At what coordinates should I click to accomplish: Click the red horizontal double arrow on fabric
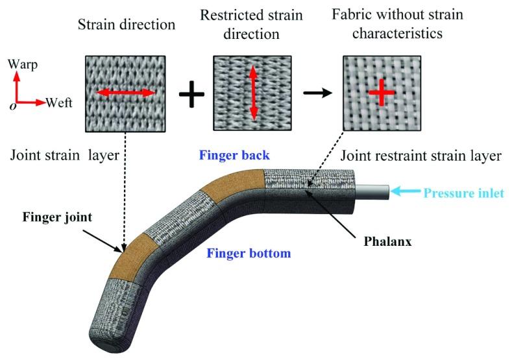(125, 94)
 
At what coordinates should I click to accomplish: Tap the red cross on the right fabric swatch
(382, 95)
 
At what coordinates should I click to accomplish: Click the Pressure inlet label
(464, 193)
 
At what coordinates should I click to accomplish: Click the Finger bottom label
(248, 253)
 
